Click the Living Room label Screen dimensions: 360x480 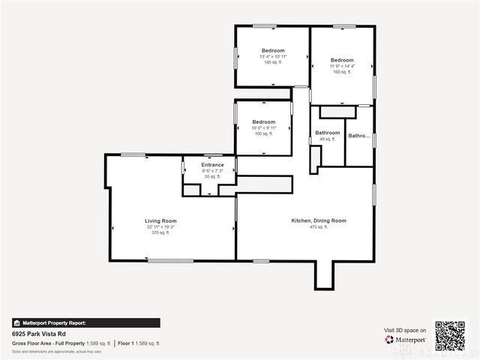click(160, 221)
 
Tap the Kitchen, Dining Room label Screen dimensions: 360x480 click(319, 220)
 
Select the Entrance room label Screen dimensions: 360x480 click(212, 165)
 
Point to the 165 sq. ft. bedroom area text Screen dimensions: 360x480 click(342, 72)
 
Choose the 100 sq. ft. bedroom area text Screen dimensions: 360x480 click(263, 133)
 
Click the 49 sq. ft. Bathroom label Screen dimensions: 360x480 click(327, 133)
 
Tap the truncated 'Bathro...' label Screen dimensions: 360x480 click(359, 136)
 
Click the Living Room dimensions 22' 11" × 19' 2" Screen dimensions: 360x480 click(160, 227)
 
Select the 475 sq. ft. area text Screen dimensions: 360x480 click(319, 226)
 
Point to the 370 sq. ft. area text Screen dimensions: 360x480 click(160, 233)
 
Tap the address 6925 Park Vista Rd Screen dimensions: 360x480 click(38, 332)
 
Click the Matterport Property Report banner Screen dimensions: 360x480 click(85, 322)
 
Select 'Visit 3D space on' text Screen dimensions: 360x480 click(405, 330)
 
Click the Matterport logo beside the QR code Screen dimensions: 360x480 click(406, 339)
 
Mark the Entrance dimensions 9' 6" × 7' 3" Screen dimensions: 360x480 click(212, 171)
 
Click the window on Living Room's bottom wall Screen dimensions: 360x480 click(170, 260)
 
